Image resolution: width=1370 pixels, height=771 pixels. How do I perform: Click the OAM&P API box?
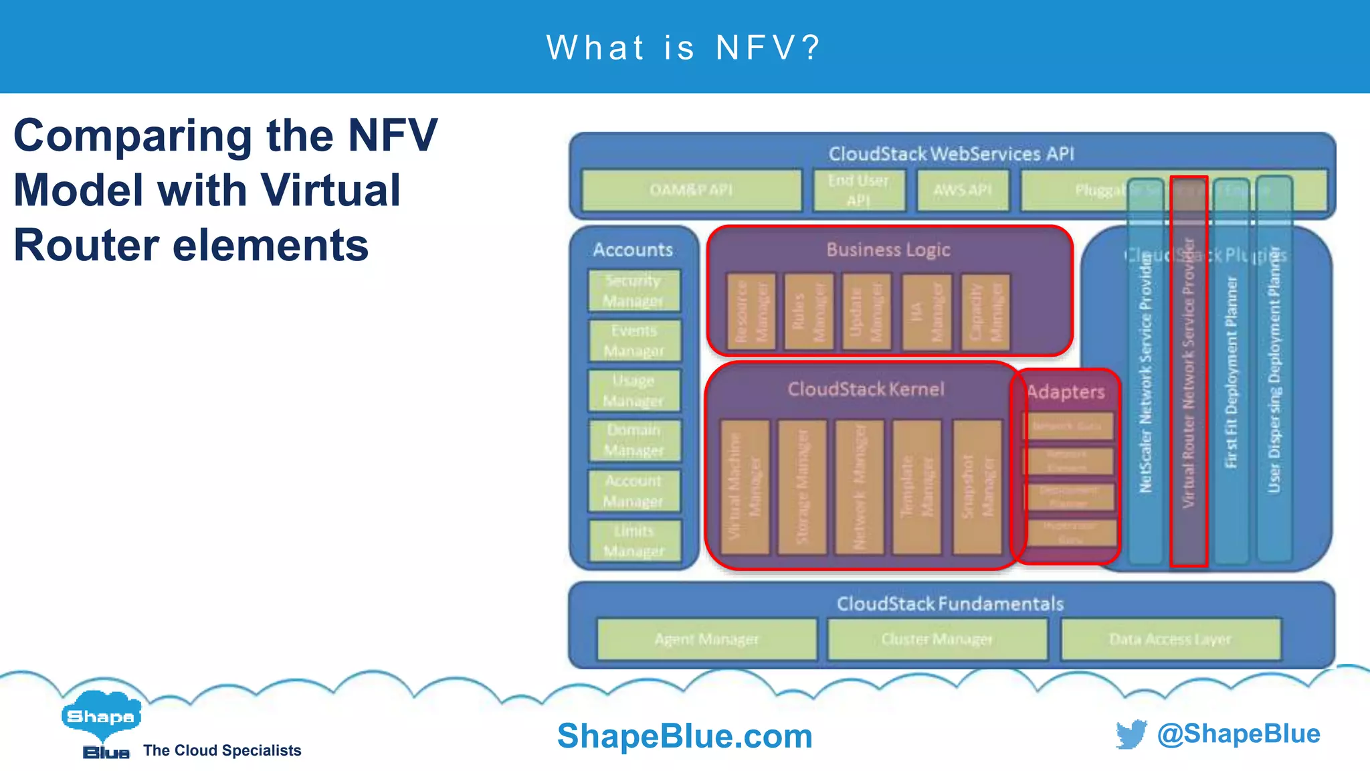(691, 190)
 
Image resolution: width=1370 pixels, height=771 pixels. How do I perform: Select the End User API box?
(859, 190)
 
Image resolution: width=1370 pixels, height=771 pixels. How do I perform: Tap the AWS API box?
(963, 190)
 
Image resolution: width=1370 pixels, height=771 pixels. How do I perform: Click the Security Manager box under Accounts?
(633, 290)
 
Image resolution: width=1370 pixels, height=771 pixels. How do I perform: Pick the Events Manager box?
(634, 341)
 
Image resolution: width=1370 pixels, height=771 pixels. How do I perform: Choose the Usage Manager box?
(633, 390)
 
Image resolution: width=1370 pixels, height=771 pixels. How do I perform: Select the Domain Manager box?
(634, 440)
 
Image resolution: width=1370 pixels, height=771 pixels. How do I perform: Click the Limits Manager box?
(634, 541)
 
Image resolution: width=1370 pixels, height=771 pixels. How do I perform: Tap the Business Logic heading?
(888, 250)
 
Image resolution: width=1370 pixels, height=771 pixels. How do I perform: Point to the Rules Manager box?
(809, 312)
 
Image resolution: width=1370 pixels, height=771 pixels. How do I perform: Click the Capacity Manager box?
(985, 312)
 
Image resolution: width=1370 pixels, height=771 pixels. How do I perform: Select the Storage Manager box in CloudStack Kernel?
(802, 487)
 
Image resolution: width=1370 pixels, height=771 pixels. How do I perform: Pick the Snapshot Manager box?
(977, 487)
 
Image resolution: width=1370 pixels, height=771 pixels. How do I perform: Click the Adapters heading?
(1066, 392)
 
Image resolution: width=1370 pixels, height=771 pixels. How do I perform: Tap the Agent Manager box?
(706, 639)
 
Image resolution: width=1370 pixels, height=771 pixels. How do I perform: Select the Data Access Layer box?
(1170, 639)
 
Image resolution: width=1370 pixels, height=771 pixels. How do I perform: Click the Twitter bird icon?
(1131, 734)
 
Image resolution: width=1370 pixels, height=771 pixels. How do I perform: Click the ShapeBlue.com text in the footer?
(684, 736)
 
